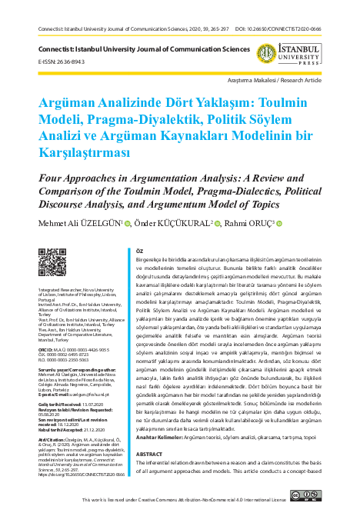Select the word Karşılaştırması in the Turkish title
(x=72, y=152)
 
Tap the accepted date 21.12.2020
(x=85, y=429)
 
